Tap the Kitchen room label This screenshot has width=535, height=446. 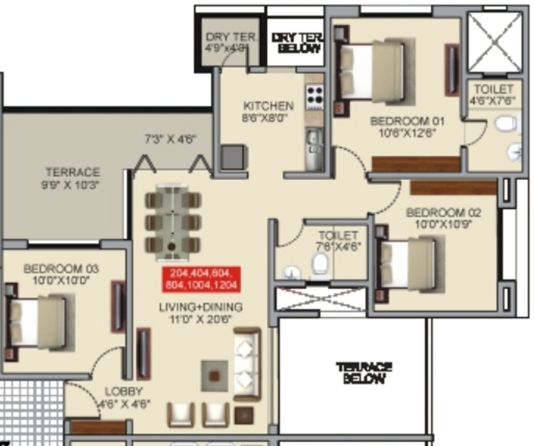[268, 106]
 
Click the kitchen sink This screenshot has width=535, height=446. [314, 138]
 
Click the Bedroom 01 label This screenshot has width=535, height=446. [399, 121]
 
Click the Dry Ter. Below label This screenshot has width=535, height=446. [296, 43]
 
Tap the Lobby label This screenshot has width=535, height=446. [124, 392]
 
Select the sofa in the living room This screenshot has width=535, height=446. [246, 365]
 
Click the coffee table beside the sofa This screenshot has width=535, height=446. [214, 374]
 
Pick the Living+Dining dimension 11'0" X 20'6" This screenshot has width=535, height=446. [201, 318]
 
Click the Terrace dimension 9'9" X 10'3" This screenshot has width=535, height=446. [72, 184]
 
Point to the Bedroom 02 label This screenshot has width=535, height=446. [444, 212]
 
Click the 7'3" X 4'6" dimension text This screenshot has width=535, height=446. [170, 139]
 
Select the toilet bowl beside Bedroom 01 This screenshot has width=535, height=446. [505, 123]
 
